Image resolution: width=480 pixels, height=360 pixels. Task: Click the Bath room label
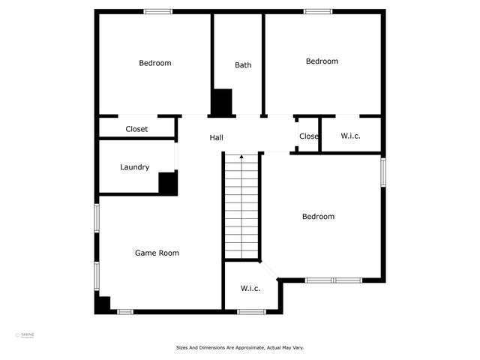pos(243,65)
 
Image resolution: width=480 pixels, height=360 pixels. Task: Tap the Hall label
pos(216,137)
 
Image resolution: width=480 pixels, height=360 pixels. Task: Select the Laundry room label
pos(135,167)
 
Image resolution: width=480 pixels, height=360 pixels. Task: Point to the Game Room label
pos(157,253)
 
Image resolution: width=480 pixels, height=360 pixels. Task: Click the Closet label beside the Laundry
pos(136,129)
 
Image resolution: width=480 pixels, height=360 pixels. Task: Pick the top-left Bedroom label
pos(155,63)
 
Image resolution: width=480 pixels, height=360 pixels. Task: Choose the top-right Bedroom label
pos(322,61)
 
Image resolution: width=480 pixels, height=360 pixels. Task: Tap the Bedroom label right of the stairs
pos(318,217)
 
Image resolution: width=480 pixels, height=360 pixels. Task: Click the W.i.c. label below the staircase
pos(250,289)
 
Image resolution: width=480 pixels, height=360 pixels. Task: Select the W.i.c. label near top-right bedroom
pos(351,136)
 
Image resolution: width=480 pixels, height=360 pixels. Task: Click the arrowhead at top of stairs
pos(241,157)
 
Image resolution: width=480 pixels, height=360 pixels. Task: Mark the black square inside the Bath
pos(221,102)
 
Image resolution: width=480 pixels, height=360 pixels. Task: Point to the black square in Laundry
pos(168,184)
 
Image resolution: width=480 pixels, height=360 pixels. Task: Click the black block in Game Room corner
pos(103,304)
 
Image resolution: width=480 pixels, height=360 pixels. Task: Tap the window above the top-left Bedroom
pos(157,11)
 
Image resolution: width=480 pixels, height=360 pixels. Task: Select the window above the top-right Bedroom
pos(318,11)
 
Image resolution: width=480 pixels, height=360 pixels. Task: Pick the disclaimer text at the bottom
pos(240,347)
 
